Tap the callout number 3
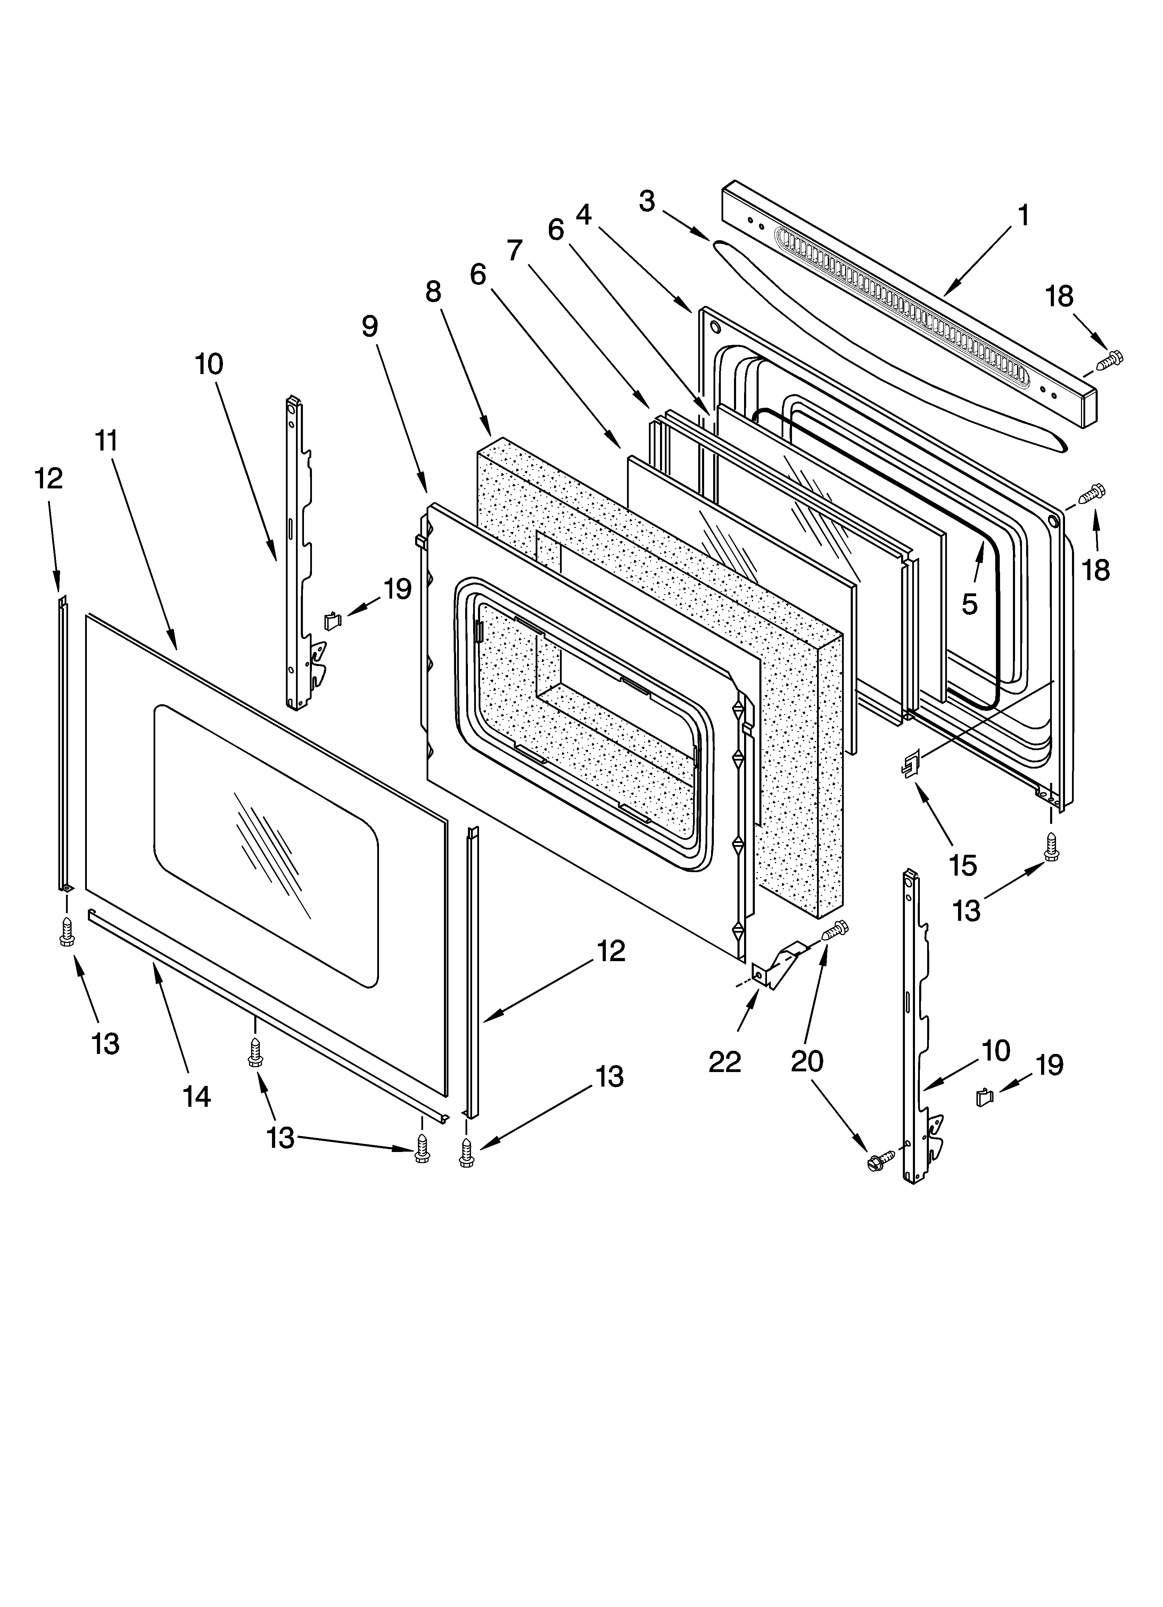pyautogui.click(x=647, y=201)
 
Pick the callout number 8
pyautogui.click(x=434, y=291)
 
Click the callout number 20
pyautogui.click(x=807, y=1061)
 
